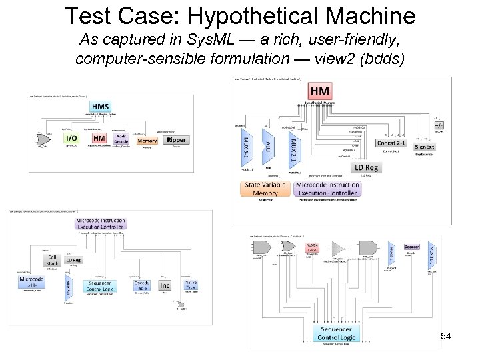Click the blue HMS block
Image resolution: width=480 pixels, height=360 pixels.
(x=101, y=107)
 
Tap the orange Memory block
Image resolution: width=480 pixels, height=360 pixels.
(x=147, y=140)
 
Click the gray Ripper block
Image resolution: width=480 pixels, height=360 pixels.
(x=177, y=140)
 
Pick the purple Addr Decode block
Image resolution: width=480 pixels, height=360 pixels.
(x=121, y=139)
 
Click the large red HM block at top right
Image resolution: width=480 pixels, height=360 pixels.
(x=320, y=91)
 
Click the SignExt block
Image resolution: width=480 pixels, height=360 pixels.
(x=425, y=147)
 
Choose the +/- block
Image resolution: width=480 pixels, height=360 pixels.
(x=439, y=125)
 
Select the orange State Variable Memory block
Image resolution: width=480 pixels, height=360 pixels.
(x=265, y=189)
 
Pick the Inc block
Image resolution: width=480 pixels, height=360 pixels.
(x=165, y=285)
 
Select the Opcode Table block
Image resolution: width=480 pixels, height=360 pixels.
(x=141, y=285)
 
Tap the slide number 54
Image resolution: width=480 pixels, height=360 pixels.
(x=446, y=336)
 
